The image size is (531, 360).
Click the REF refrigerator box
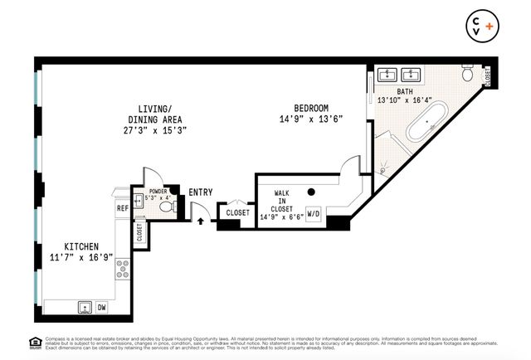coord(121,208)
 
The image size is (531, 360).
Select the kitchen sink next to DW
coord(85,307)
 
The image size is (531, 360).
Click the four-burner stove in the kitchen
coord(122,268)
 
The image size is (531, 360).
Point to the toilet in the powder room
coord(165,208)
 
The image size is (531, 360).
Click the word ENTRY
coord(200,192)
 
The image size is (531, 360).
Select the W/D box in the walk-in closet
coord(314,214)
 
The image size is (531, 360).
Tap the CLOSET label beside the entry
coord(237,213)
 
